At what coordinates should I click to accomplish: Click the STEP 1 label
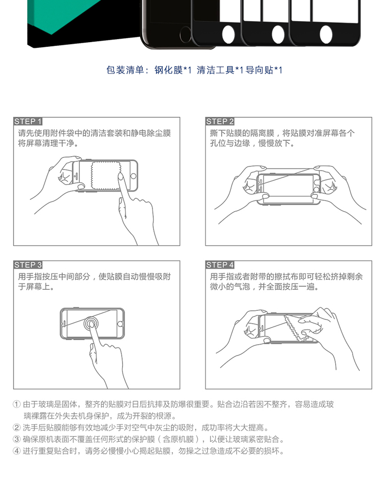click(28, 121)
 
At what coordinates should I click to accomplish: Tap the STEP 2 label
click(220, 121)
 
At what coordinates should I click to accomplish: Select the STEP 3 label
click(28, 265)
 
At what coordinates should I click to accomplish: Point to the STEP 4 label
click(220, 265)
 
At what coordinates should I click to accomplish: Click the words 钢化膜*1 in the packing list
click(173, 70)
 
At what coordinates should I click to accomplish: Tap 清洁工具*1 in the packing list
click(220, 70)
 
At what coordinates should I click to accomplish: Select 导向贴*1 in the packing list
click(264, 70)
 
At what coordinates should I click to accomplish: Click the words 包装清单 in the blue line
click(125, 70)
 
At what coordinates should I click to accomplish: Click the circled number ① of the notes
click(16, 404)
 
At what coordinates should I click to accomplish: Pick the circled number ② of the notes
click(16, 428)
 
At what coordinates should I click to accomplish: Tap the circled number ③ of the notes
click(16, 439)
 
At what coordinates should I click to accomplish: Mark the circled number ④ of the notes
click(16, 451)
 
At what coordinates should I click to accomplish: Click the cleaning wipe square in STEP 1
click(106, 175)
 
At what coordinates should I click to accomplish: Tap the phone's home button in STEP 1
click(133, 176)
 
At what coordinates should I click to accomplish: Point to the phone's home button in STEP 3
click(120, 324)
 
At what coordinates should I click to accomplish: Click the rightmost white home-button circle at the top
click(326, 34)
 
